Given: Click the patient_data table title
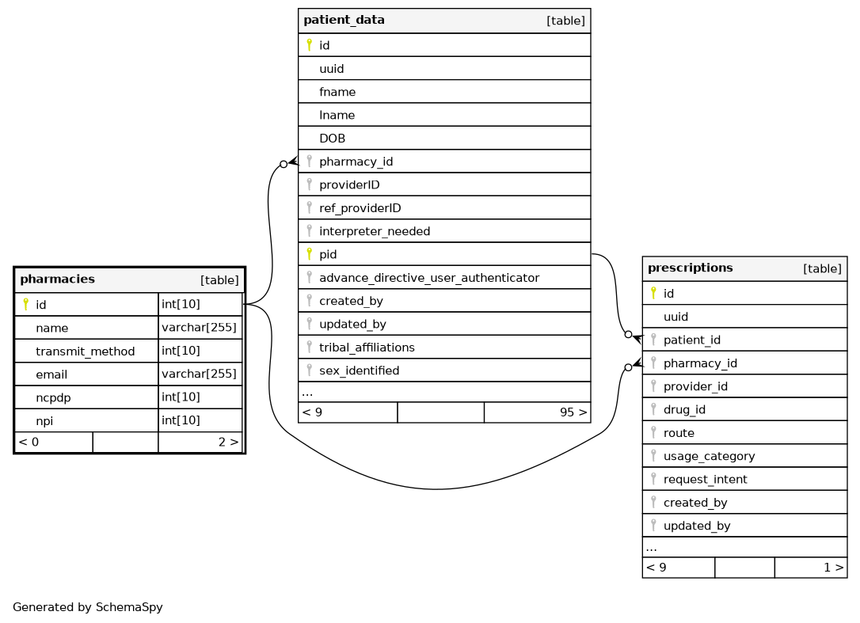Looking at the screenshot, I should coord(344,21).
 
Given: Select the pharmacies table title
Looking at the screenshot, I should coord(57,279).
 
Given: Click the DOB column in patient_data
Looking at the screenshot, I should coord(332,139).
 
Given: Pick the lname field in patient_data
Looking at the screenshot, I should coord(337,116).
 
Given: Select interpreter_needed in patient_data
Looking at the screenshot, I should coord(374,231).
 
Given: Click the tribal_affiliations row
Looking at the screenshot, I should coord(367,348).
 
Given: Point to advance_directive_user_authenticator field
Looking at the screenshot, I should coord(428,278).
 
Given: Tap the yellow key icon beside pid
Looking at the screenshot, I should coord(309,255).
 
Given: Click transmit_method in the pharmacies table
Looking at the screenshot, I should coord(85,351).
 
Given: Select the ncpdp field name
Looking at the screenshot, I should coord(51,397).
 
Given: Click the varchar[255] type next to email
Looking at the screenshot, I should coord(199,374).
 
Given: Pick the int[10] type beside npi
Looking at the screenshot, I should coord(181,420).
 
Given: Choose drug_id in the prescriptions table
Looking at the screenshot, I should coord(684,410).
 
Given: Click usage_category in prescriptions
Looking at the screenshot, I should coord(709,456).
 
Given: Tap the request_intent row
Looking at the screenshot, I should coord(705,480).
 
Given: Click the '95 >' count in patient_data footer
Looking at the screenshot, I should coord(573,412).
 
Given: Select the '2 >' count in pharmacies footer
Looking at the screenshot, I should coord(228,443).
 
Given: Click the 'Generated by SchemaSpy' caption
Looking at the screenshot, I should coord(88,608).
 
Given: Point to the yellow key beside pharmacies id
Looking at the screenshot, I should coord(25,305).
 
